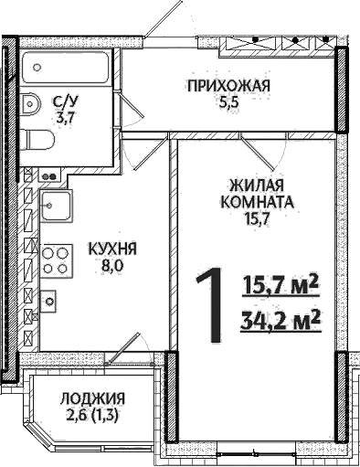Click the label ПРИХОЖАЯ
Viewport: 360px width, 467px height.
coord(228,88)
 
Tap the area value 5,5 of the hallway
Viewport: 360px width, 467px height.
coord(228,104)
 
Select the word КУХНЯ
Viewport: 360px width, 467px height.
coord(112,249)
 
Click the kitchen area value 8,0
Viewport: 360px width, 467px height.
coord(112,266)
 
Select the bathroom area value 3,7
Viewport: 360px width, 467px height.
coord(64,118)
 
